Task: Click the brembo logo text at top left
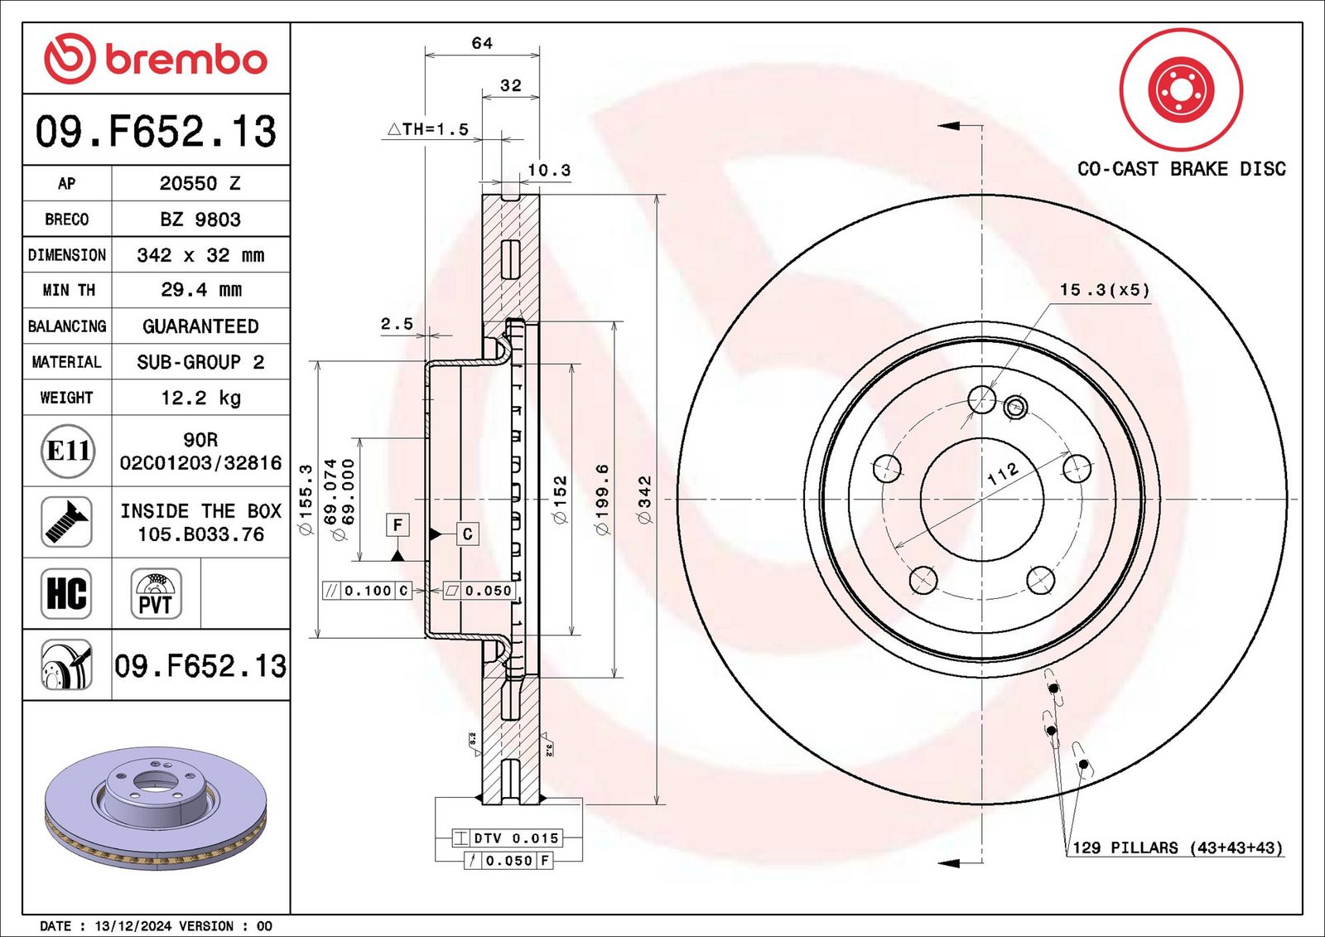point(185,60)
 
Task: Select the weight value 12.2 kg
point(201,397)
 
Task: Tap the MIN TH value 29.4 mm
point(201,289)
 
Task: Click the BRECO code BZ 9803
point(200,220)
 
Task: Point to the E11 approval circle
point(68,451)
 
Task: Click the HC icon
point(66,594)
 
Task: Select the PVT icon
point(156,594)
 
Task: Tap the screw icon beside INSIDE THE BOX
point(66,522)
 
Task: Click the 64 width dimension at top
point(481,43)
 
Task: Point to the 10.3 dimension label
point(549,171)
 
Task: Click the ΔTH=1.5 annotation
point(427,129)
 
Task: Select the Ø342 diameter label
point(645,499)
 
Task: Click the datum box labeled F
point(397,525)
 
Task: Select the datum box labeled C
point(467,534)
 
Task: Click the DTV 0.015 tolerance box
point(507,838)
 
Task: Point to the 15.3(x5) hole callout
point(1105,290)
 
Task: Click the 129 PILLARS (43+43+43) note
point(1178,848)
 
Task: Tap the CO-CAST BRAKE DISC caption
point(1181,169)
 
